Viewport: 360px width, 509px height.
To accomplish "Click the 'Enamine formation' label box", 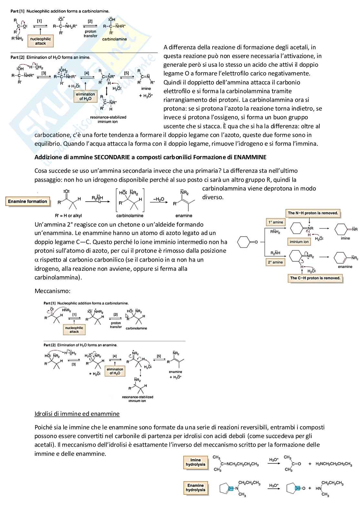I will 27,201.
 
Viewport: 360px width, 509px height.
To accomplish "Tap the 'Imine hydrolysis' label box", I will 195,462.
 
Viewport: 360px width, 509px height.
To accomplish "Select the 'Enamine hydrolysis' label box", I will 195,488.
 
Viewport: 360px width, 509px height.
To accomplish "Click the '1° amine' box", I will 275,222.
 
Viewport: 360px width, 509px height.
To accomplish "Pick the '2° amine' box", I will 275,262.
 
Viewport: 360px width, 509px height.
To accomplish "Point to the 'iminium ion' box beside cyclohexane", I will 299,242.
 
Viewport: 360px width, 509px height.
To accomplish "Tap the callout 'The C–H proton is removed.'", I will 315,278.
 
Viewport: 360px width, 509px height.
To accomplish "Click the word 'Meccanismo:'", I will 52,291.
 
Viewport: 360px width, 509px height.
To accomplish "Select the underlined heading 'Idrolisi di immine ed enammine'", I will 77,414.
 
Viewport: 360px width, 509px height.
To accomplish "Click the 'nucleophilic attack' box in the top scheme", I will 40,41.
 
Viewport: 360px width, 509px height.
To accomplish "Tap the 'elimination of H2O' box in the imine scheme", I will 85,96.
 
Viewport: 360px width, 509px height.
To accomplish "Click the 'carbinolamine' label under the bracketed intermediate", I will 130,216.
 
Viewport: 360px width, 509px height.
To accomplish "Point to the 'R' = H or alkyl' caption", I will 68,216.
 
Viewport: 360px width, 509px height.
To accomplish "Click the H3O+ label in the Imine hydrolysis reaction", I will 274,460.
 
